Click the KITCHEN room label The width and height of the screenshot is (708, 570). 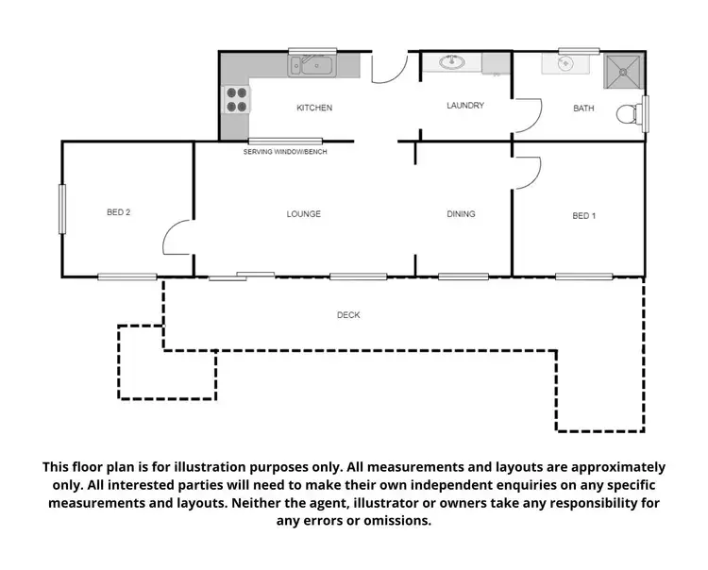click(x=314, y=108)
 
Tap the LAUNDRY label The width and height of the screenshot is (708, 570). click(x=465, y=106)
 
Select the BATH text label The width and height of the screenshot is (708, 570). click(x=583, y=109)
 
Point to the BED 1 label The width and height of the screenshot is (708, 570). click(x=583, y=216)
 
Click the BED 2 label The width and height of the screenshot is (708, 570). click(x=118, y=212)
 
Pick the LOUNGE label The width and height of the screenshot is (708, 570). click(x=304, y=214)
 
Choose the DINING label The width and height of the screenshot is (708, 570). click(x=461, y=214)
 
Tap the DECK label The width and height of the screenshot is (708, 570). click(x=348, y=315)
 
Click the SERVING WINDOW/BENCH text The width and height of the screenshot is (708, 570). click(x=285, y=152)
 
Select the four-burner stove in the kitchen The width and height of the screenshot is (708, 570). click(x=236, y=99)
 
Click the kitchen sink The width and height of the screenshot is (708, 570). click(x=310, y=65)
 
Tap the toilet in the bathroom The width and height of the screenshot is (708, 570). click(x=628, y=114)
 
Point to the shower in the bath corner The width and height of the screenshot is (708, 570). click(x=623, y=68)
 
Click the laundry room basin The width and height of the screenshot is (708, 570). click(x=451, y=62)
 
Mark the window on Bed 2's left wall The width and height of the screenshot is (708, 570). click(x=62, y=209)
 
